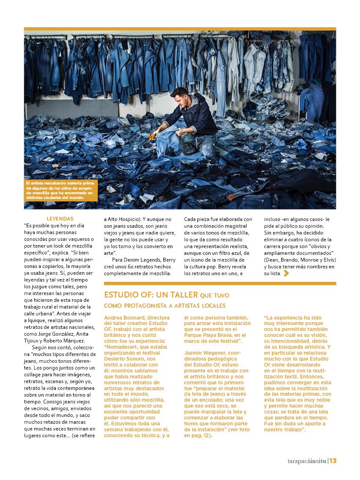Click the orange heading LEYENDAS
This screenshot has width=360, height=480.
[x=60, y=219]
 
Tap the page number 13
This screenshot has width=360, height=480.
[x=333, y=461]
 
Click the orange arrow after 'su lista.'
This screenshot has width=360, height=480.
[x=286, y=273]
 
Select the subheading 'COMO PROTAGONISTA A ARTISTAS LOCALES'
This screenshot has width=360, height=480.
[x=165, y=306]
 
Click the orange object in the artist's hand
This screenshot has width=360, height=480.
[x=152, y=136]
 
